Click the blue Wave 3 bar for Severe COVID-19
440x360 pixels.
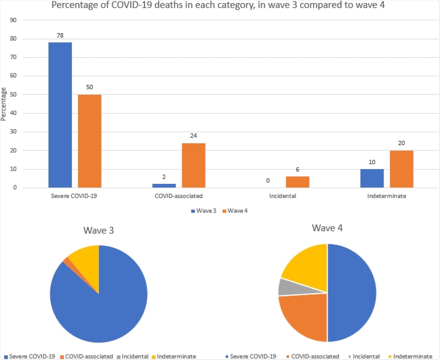click(60, 115)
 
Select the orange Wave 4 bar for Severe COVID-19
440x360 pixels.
click(89, 141)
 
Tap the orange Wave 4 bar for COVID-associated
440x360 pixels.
click(194, 165)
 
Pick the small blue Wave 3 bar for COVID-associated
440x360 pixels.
click(164, 185)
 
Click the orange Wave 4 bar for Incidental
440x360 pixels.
click(297, 182)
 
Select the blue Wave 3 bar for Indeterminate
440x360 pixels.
click(372, 178)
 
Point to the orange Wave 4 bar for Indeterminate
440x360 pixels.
click(401, 169)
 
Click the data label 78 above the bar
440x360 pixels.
click(60, 35)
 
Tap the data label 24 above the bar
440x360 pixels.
click(194, 136)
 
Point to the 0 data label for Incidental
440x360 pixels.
click(268, 181)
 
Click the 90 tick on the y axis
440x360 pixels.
click(13, 20)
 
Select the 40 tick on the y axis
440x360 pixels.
click(13, 113)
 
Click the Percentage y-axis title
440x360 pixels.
click(4, 104)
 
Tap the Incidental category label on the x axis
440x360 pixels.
click(282, 196)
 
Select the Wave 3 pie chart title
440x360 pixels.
click(99, 230)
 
